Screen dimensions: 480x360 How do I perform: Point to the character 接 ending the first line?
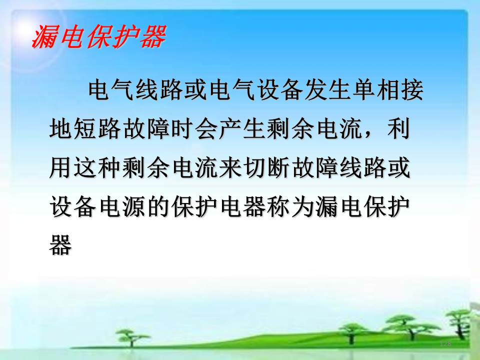coord(411,90)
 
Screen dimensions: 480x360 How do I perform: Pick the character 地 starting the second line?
coord(61,129)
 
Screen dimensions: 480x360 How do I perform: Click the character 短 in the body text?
coord(85,129)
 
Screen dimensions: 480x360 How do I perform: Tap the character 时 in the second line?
coord(181,129)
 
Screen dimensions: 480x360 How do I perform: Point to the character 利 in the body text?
coord(398,129)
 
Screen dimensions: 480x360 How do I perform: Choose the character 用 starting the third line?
coord(61,168)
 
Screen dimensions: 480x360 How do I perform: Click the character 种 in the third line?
coord(109,168)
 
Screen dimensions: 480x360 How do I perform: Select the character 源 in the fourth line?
coord(133,206)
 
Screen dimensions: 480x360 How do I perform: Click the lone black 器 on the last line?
coord(61,245)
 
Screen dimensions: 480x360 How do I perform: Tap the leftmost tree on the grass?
coord(132,336)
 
